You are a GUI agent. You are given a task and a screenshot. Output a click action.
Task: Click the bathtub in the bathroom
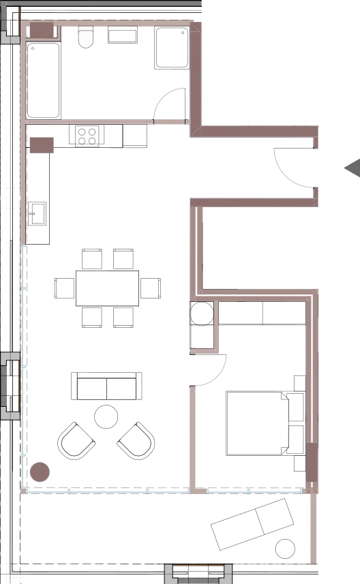click(44, 80)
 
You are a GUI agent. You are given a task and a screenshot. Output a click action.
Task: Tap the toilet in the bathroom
click(85, 37)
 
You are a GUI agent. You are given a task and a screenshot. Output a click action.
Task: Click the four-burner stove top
click(87, 136)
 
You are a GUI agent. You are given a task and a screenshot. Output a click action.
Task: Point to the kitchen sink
click(36, 213)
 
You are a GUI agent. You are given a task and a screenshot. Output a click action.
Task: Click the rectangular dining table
click(108, 288)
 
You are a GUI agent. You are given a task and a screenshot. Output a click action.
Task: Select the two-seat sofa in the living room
click(106, 386)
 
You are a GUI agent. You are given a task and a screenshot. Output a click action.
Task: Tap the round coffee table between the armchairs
click(106, 416)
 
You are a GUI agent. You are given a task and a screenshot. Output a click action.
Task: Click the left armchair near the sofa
click(76, 441)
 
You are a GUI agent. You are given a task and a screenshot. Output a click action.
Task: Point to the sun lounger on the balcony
click(252, 523)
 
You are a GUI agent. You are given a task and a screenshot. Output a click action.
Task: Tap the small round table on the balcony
click(285, 549)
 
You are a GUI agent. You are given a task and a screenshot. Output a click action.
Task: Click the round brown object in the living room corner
click(40, 472)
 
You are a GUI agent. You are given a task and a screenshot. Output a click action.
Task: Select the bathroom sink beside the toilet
click(123, 35)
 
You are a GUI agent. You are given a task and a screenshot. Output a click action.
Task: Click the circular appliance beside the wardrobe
click(202, 314)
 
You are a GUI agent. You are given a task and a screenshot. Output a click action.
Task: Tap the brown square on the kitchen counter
click(42, 145)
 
